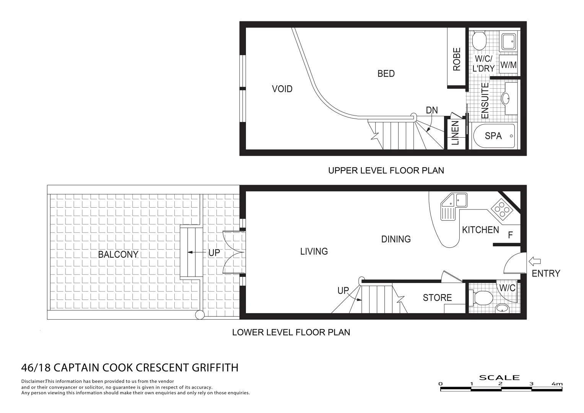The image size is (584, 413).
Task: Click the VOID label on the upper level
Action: click(x=282, y=89)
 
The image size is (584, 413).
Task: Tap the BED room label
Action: click(x=386, y=73)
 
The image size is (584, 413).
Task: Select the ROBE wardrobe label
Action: click(x=457, y=59)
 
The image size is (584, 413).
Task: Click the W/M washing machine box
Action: click(x=508, y=65)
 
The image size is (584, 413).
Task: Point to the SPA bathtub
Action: click(x=493, y=136)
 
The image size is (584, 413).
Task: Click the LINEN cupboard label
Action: click(x=455, y=133)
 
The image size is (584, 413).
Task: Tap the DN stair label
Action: click(x=432, y=111)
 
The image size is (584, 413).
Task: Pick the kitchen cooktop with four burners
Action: click(x=501, y=209)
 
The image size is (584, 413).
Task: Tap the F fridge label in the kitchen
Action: click(x=510, y=235)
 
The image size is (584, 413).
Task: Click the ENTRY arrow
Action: click(x=534, y=262)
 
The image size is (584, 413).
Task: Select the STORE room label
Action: click(x=437, y=298)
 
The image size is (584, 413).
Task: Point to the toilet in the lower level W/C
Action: click(x=482, y=297)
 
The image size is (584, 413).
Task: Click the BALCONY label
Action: click(x=118, y=255)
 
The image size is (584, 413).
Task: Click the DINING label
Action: click(x=396, y=239)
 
